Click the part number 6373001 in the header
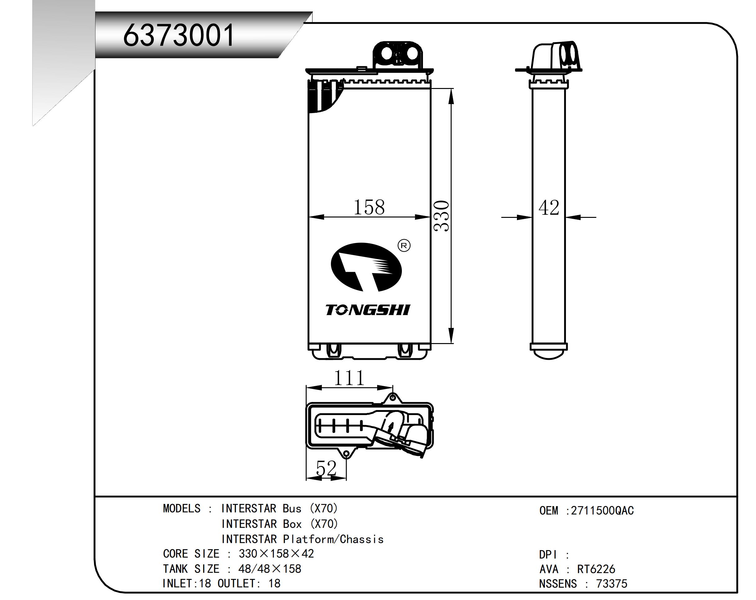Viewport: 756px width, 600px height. (179, 35)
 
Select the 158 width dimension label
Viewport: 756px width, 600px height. (369, 207)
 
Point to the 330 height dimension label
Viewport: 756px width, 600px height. (441, 216)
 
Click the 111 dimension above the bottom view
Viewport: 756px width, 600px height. (349, 378)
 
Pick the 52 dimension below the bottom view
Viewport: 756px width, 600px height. (326, 468)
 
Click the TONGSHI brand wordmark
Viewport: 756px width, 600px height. (367, 310)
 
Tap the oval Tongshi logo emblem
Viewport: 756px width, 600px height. (367, 267)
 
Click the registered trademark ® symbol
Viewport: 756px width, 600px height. (404, 246)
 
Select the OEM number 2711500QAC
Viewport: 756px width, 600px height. (603, 511)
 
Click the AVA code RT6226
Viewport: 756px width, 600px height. (596, 569)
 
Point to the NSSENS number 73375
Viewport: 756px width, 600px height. (611, 584)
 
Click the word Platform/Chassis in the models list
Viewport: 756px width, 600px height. (333, 539)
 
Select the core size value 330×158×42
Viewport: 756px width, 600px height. (276, 554)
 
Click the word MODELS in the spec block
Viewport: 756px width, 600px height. (182, 509)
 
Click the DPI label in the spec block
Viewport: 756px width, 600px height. (548, 555)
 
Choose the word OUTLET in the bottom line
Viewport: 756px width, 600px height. (237, 584)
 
